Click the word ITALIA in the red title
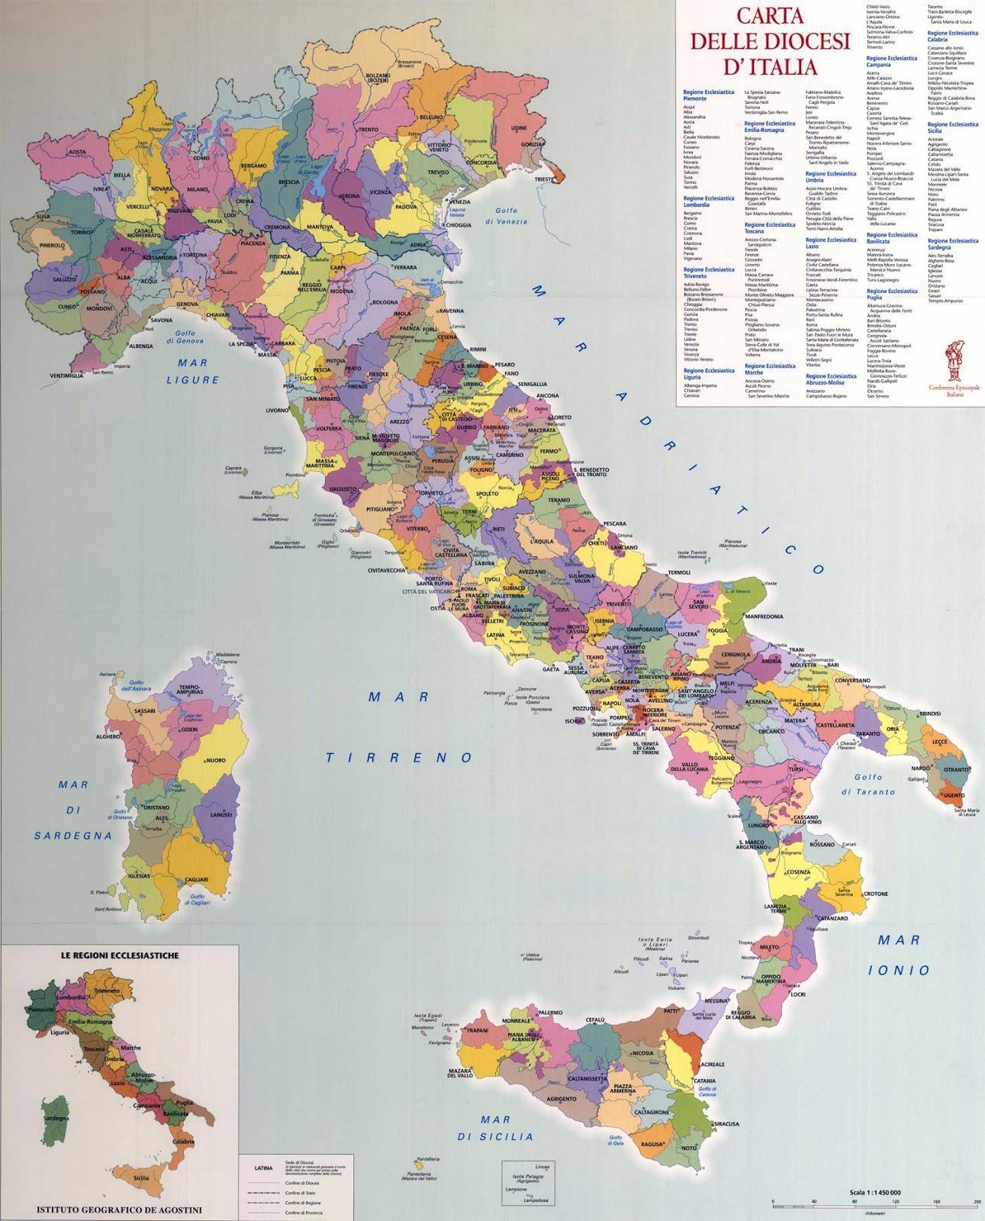tap(778, 65)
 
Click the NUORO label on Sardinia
tap(216, 761)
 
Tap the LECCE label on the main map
tap(939, 741)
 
